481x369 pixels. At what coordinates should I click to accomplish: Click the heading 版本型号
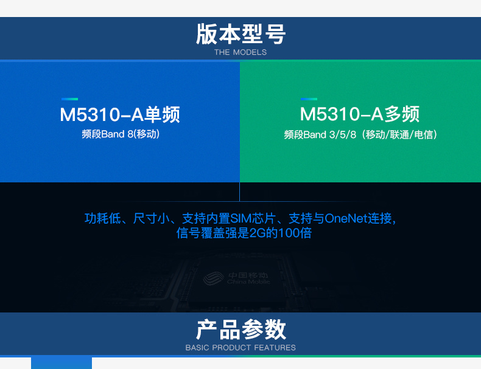(241, 34)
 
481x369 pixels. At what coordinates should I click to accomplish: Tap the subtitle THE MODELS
(240, 52)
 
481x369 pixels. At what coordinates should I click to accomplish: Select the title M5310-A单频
(120, 114)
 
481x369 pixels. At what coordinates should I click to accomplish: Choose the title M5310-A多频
(359, 114)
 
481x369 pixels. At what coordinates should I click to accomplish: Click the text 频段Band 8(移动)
(121, 134)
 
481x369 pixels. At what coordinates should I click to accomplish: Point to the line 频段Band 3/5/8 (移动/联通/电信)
(360, 135)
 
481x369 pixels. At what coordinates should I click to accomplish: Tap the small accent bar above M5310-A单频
(69, 99)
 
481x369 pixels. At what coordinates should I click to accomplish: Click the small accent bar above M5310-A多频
(309, 99)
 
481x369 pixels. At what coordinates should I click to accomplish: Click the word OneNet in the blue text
(346, 218)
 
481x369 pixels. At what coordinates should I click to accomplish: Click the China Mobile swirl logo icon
(214, 278)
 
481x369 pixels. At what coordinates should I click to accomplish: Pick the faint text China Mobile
(248, 281)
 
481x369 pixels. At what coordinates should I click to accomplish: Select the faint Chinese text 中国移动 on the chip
(248, 275)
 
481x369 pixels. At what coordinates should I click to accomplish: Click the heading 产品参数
(241, 329)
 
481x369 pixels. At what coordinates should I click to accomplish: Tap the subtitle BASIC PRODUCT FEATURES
(240, 348)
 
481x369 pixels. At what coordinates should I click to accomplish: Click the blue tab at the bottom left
(61, 363)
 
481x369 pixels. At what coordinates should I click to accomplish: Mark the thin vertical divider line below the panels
(239, 191)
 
